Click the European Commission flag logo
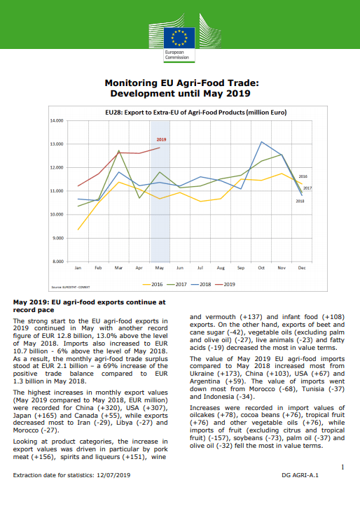[x=179, y=38]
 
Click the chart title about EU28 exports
[x=195, y=113]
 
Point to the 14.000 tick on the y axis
[x=57, y=120]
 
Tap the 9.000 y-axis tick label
[x=58, y=238]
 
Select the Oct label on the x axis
[x=261, y=268]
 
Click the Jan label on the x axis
[x=78, y=268]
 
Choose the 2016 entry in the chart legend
[x=153, y=284]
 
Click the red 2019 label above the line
[x=161, y=139]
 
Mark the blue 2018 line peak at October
[x=261, y=142]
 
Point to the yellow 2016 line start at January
[x=78, y=230]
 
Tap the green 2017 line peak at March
[x=118, y=150]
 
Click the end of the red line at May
[x=160, y=148]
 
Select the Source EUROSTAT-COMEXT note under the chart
[x=71, y=287]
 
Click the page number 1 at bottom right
[x=343, y=467]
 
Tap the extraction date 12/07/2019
[x=113, y=475]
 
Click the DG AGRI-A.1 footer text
[x=300, y=475]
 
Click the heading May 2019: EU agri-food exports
[x=90, y=306]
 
